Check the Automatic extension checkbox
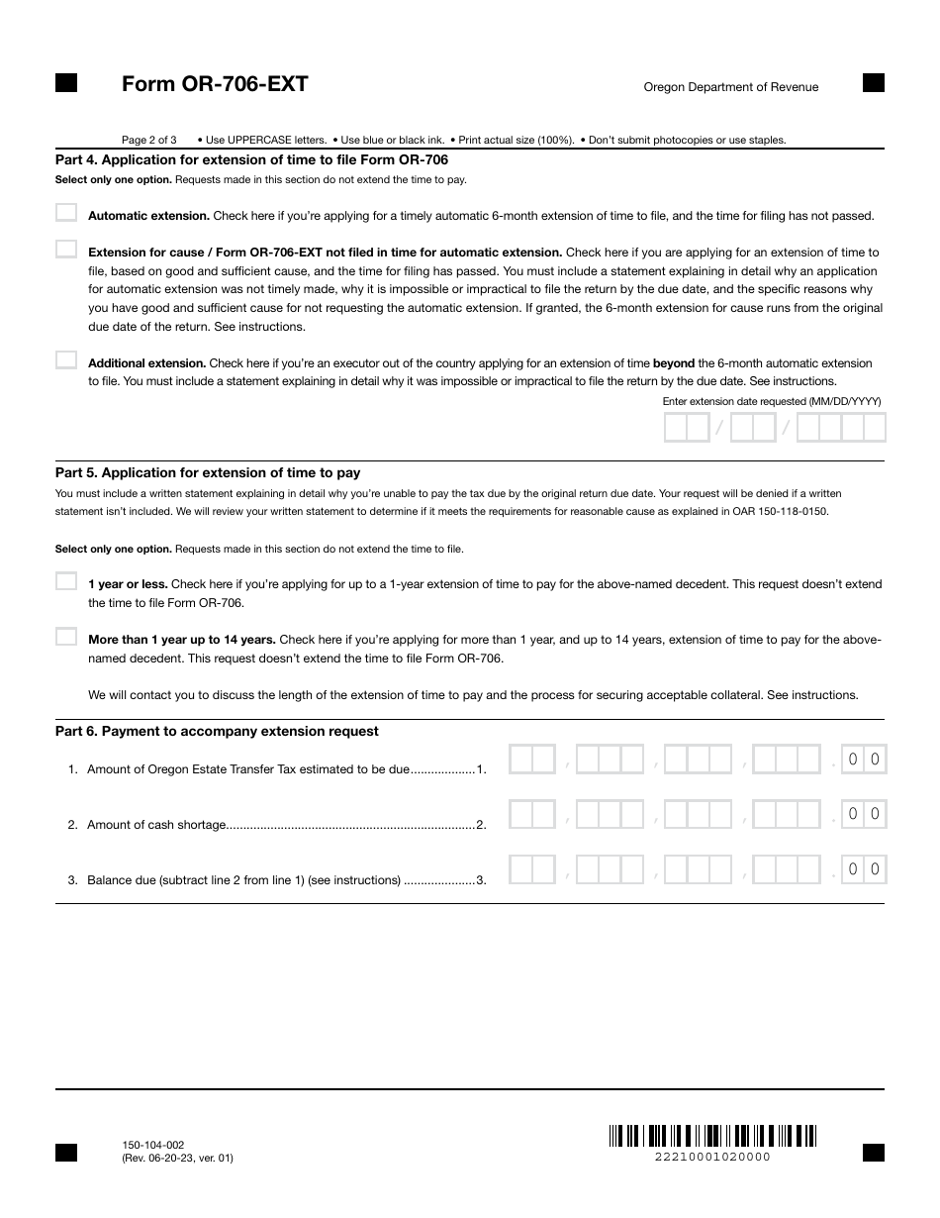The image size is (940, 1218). pos(66,213)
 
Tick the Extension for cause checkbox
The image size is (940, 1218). pos(66,250)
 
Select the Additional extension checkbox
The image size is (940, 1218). pos(66,360)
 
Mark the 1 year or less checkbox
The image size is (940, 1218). pos(66,581)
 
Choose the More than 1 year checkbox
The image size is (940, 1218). pos(66,637)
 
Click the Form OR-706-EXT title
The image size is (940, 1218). pos(215,84)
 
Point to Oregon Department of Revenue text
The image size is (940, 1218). pos(730,87)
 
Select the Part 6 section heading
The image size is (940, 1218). pos(217,731)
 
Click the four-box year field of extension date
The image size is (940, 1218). pos(840,428)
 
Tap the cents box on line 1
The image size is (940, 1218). pos(863,760)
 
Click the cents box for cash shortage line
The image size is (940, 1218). pos(863,814)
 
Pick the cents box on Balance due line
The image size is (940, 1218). pos(863,869)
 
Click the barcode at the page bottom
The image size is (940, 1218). pos(712,1135)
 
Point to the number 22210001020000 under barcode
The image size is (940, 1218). pos(712,1157)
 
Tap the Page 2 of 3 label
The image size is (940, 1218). pos(149,140)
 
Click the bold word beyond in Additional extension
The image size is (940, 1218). pos(673,363)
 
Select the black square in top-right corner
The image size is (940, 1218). pos(874,82)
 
